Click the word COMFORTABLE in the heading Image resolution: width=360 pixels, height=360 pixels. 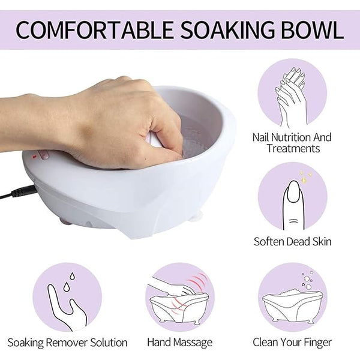pos(94,30)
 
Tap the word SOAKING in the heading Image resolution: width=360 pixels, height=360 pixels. pos(227,30)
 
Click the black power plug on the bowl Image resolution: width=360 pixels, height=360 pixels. pos(23,192)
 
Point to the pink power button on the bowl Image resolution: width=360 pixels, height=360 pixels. pos(43,154)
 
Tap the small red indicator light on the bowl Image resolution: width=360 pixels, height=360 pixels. pos(34,157)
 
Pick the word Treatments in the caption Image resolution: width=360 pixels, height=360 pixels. pos(293,148)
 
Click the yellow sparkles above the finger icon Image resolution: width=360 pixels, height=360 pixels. pos(305,176)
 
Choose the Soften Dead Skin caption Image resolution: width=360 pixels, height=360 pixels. pos(293,242)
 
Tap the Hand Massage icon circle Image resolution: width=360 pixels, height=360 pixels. pos(180,298)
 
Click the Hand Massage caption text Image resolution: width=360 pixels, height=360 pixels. pos(180,343)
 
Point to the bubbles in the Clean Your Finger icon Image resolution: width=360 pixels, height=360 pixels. pos(307,280)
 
